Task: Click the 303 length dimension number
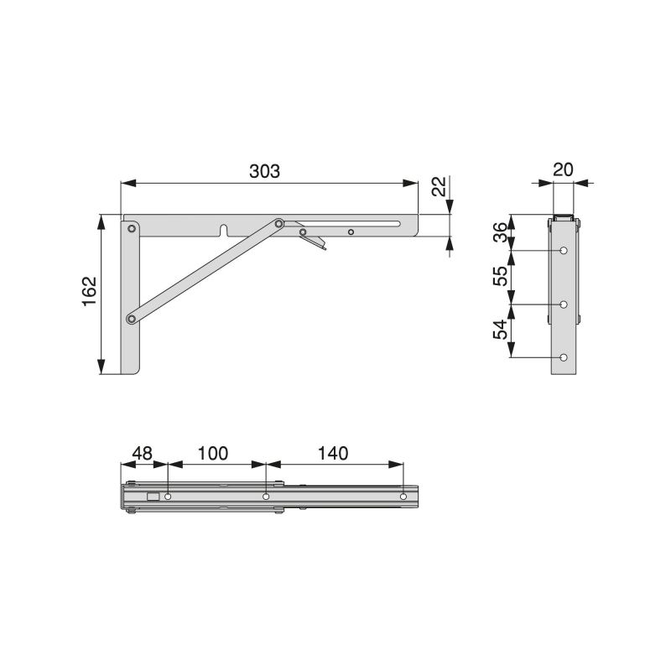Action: (x=264, y=169)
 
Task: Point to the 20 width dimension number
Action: (x=563, y=169)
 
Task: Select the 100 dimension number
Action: (x=213, y=453)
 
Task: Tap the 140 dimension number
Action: (x=333, y=453)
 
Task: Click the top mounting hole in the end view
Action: (x=564, y=251)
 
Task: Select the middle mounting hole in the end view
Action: (x=564, y=304)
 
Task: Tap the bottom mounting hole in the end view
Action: (x=564, y=358)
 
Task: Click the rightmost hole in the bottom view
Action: (x=403, y=497)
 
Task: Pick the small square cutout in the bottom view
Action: (x=152, y=497)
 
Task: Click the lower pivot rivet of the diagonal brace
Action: (x=131, y=318)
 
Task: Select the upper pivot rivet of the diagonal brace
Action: (x=278, y=224)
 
